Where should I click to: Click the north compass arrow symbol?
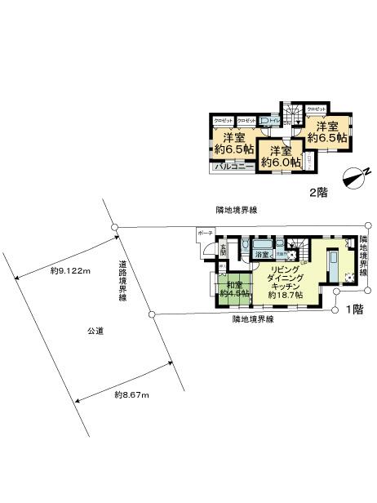click(x=356, y=175)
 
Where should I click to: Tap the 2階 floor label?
click(x=317, y=194)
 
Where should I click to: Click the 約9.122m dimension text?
click(x=69, y=269)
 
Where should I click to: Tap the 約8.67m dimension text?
click(x=130, y=395)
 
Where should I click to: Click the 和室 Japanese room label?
click(x=233, y=286)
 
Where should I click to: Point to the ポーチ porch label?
click(x=204, y=233)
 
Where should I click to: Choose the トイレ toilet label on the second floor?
click(x=274, y=119)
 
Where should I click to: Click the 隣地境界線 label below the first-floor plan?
click(x=254, y=318)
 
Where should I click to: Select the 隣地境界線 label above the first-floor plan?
click(x=237, y=210)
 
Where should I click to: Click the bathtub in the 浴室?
click(x=263, y=245)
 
